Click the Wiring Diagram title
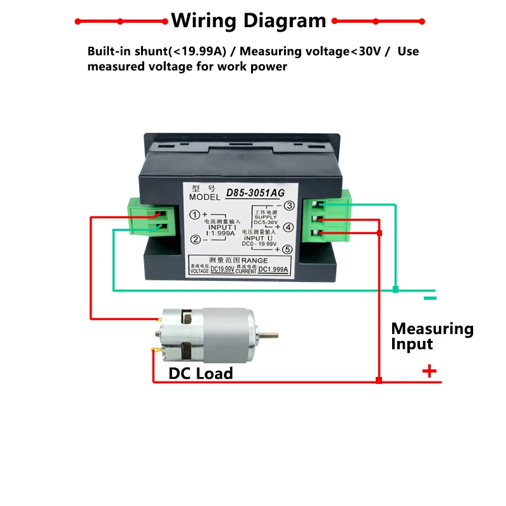coord(249,20)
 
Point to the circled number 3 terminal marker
coord(288,205)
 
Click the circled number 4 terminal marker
coord(288,227)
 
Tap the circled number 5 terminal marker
coord(288,249)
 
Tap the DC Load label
coord(201,373)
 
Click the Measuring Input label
coord(432,336)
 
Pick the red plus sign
coord(429,371)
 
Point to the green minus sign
coord(430,298)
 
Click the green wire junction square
coord(395,290)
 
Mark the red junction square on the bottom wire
coord(378,381)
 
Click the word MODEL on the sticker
coord(204,197)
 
